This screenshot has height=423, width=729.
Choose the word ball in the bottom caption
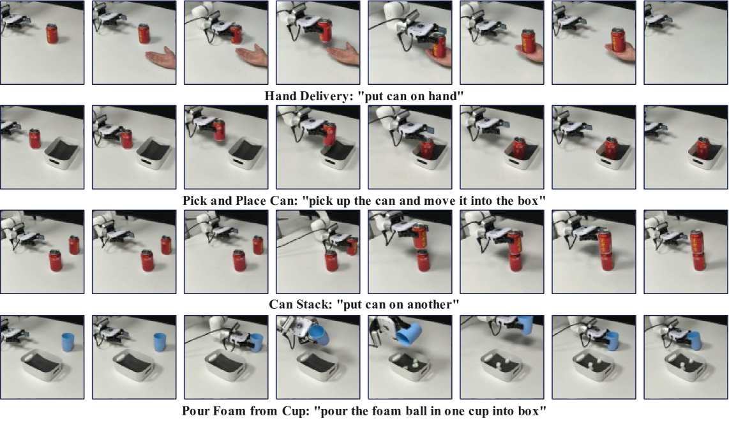click(402, 412)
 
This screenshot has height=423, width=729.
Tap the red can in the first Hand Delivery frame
click(52, 34)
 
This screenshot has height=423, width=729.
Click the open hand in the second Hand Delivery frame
click(162, 58)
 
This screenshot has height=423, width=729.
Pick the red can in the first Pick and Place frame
click(35, 139)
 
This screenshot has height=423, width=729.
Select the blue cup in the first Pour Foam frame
click(68, 342)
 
